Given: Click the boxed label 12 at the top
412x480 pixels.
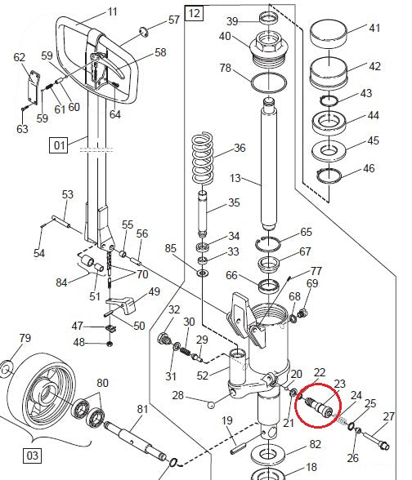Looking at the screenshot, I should tap(194, 13).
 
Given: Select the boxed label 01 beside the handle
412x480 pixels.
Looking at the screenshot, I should tap(59, 146).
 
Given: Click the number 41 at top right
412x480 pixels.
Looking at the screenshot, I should tap(374, 28).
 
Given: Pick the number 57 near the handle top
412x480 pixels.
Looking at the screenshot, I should tap(174, 19).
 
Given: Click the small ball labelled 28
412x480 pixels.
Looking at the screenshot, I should tap(212, 403).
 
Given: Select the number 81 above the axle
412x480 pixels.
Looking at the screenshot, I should tap(142, 409).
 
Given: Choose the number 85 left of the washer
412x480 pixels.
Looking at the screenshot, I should tap(170, 248).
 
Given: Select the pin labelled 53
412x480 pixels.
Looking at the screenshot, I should tap(63, 221).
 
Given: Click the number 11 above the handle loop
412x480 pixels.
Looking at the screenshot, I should tap(112, 11).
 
